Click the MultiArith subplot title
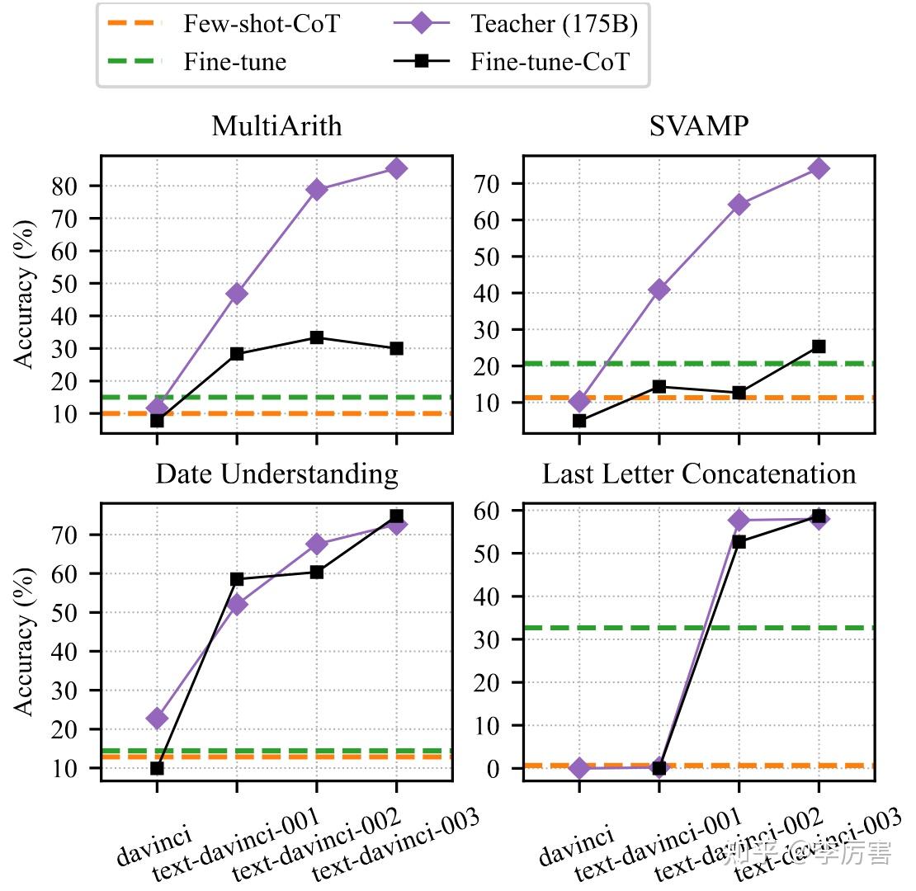coord(276,126)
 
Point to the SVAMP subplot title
coord(698,126)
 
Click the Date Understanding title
coord(276,474)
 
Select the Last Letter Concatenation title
coord(698,474)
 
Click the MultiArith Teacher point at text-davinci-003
coord(396,168)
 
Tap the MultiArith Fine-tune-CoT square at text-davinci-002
coord(317,337)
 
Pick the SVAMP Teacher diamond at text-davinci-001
coord(659,290)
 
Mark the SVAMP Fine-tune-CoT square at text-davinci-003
coord(819,346)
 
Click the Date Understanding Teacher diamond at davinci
coord(157,719)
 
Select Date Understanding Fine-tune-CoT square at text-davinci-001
coord(237,579)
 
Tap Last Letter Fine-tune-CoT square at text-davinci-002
coord(739,542)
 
